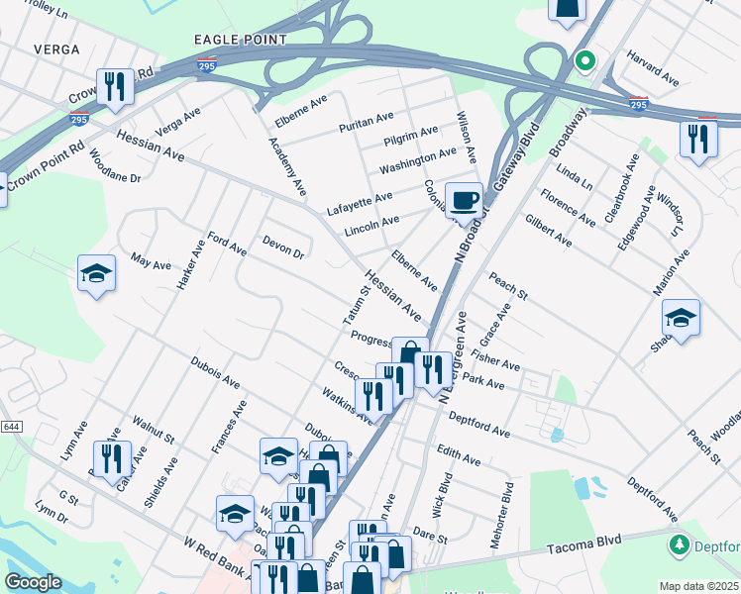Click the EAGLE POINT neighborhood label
click(241, 40)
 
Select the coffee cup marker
click(464, 201)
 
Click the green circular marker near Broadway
click(584, 61)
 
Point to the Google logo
click(33, 582)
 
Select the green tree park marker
click(680, 544)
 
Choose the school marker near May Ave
click(97, 273)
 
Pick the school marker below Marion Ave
click(681, 319)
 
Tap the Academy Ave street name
click(287, 164)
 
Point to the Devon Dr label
click(283, 247)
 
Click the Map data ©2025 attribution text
click(698, 586)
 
